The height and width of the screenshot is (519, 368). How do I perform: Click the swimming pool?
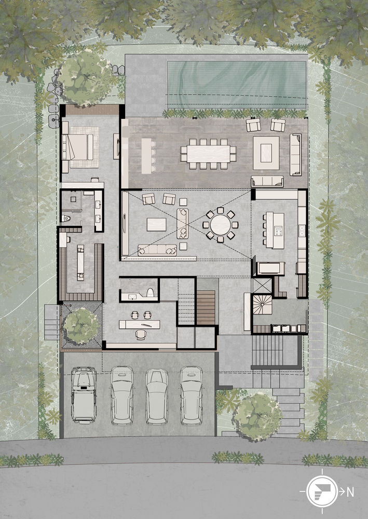click(236, 85)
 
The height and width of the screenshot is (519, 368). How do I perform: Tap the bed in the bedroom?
click(78, 147)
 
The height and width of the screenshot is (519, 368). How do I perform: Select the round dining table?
click(221, 224)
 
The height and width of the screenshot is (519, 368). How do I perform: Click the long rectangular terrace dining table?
click(209, 154)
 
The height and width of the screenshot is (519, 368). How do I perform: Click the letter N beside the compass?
click(350, 493)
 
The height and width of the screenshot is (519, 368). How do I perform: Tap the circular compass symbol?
click(322, 492)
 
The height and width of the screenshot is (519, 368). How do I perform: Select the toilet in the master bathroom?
click(66, 218)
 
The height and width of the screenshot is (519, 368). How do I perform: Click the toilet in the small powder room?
click(150, 293)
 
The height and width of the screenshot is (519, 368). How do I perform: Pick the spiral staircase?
click(263, 305)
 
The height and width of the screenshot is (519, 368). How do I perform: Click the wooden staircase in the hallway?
click(206, 307)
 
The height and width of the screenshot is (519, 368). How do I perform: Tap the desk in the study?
click(140, 324)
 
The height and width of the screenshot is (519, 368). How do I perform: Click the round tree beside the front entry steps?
click(258, 417)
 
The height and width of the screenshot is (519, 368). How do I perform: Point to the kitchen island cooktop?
click(279, 230)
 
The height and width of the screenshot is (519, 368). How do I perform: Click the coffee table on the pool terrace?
click(266, 153)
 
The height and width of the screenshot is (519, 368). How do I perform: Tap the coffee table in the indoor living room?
click(157, 224)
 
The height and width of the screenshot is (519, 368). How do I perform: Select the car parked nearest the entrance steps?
click(192, 395)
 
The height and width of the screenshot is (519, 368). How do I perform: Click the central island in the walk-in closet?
click(80, 262)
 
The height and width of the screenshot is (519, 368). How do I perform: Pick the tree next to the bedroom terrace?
click(83, 78)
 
